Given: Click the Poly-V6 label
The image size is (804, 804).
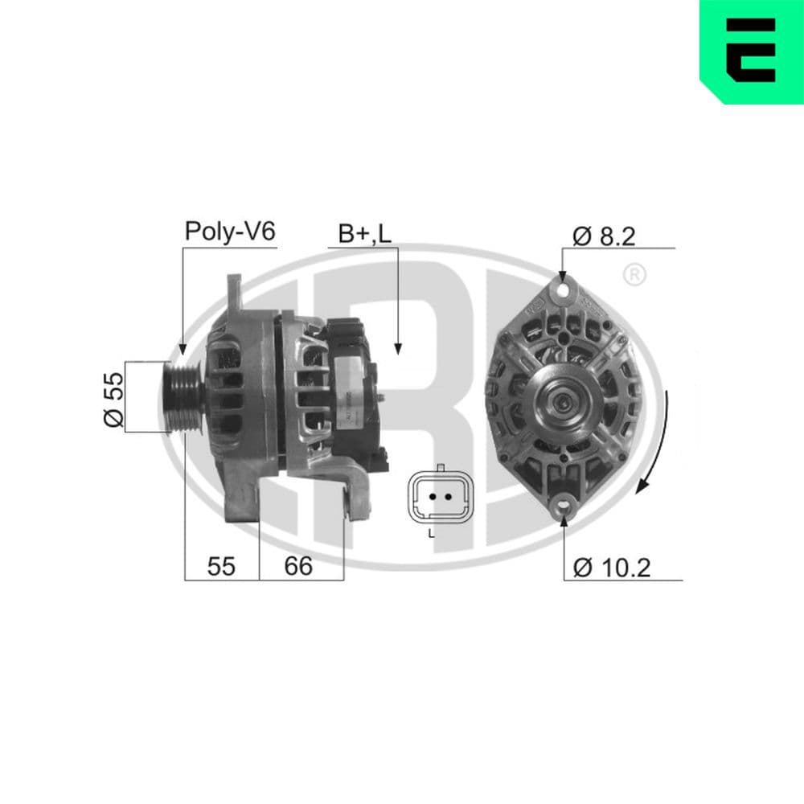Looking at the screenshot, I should tap(230, 232).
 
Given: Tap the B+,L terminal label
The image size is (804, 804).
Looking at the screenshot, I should tap(364, 234).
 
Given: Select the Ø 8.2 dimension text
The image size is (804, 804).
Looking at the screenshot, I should tap(604, 236).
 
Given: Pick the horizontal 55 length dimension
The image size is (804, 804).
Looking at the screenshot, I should tap(221, 566).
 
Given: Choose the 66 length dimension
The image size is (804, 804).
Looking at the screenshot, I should tap(298, 566).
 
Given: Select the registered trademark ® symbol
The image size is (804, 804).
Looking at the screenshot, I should tap(634, 276).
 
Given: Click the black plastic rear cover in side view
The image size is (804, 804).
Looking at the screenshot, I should tap(354, 386).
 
